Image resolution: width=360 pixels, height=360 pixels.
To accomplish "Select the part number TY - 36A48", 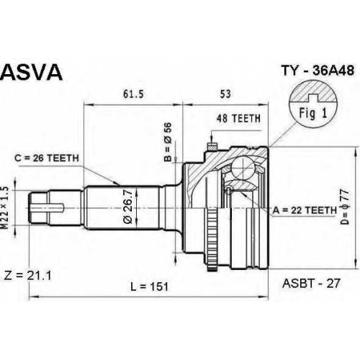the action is pyautogui.click(x=318, y=71).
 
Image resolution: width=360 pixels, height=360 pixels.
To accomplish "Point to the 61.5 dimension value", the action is pyautogui.click(x=133, y=94).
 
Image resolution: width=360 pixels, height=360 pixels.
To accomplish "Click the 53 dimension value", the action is pyautogui.click(x=225, y=94).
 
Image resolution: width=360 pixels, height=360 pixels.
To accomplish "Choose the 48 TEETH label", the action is pyautogui.click(x=238, y=118).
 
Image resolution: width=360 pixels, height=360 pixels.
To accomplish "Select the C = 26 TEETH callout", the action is pyautogui.click(x=47, y=158).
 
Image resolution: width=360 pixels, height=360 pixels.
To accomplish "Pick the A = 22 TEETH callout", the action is pyautogui.click(x=305, y=210).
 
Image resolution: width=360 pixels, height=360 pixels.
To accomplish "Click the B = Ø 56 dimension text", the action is pyautogui.click(x=168, y=142).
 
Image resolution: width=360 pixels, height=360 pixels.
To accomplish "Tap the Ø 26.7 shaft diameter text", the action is pyautogui.click(x=128, y=207).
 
